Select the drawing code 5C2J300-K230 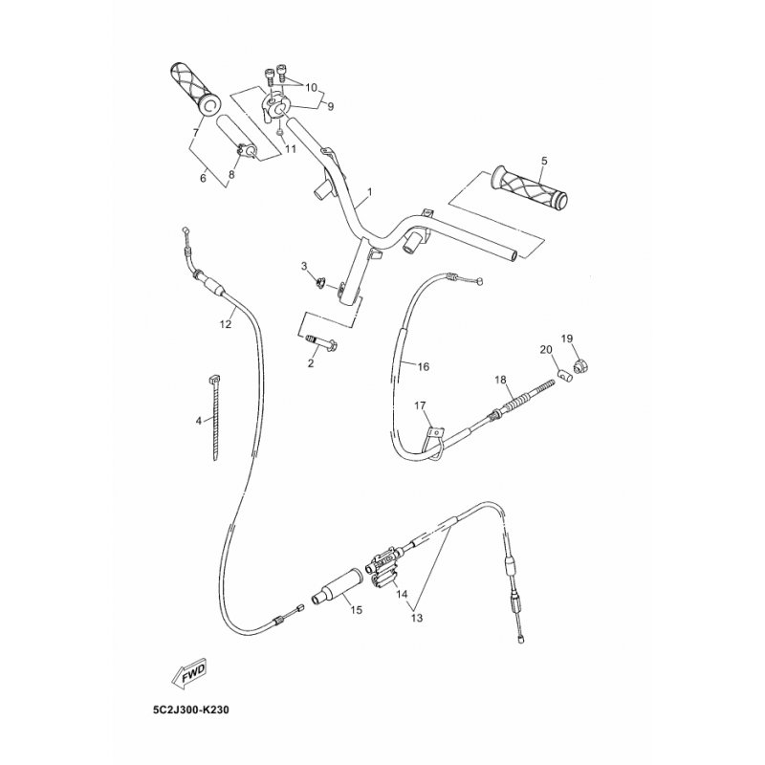[x=190, y=710]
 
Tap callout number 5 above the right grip [x=544, y=161]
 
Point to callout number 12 [x=226, y=323]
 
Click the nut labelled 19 [x=580, y=365]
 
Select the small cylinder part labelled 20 [x=564, y=376]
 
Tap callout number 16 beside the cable [x=423, y=366]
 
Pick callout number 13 [x=417, y=618]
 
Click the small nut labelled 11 [x=279, y=132]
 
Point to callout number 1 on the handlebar [x=370, y=192]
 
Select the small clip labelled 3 [x=320, y=282]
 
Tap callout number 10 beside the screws [x=312, y=87]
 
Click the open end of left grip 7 [x=210, y=104]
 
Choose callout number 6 [x=203, y=178]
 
